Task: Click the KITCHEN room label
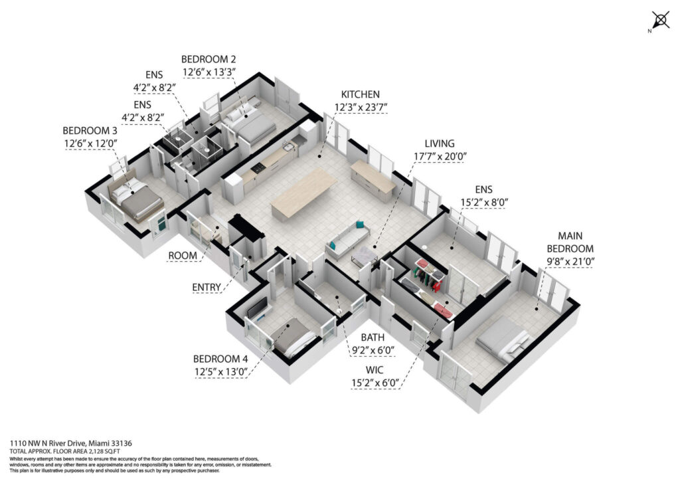click(360, 94)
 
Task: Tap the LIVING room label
click(440, 144)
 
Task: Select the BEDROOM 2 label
click(208, 59)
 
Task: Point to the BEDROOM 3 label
click(90, 131)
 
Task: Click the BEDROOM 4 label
click(220, 359)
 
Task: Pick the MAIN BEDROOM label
click(570, 242)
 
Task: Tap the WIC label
click(375, 370)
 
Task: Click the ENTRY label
click(207, 287)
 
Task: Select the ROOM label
click(182, 256)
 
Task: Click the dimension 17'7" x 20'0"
click(440, 156)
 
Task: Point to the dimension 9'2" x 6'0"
click(372, 350)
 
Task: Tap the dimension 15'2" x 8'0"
click(484, 202)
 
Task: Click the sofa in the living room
click(347, 240)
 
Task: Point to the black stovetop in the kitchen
click(260, 168)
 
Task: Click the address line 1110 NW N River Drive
click(70, 443)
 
